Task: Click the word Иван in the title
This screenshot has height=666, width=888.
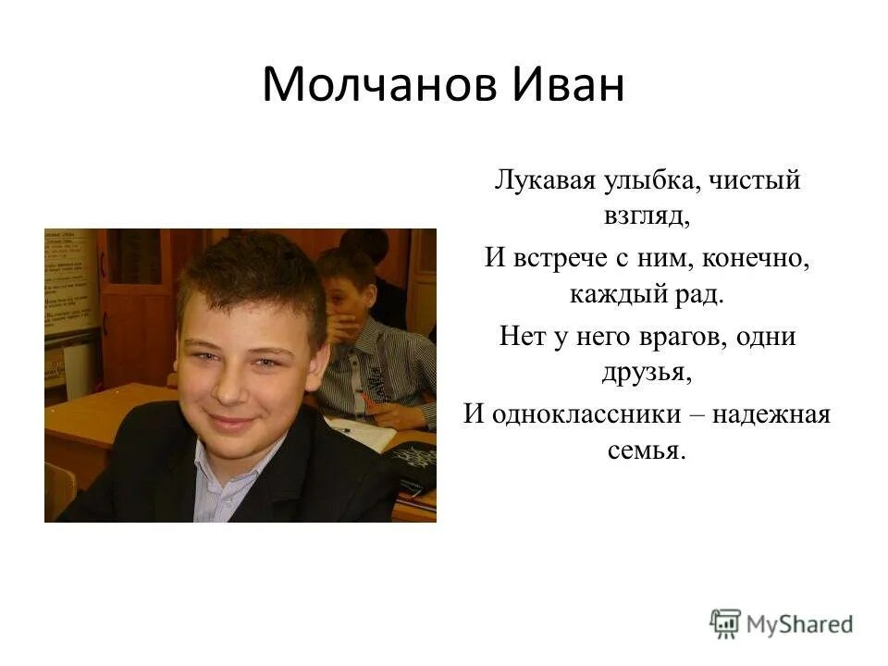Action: click(x=567, y=85)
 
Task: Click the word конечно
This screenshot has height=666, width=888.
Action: click(x=756, y=258)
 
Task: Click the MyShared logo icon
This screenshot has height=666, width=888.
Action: click(x=725, y=624)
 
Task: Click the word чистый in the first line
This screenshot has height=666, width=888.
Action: click(x=754, y=179)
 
